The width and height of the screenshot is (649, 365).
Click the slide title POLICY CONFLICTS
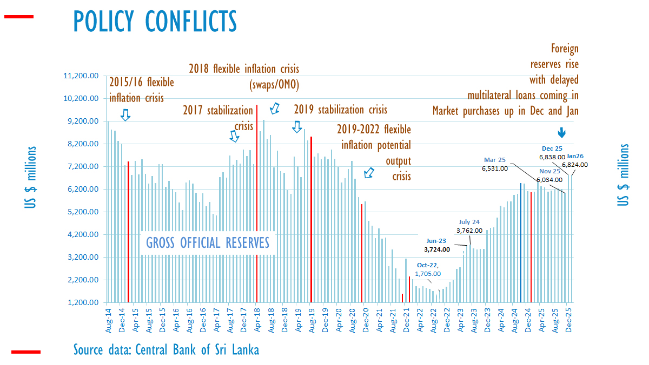(x=155, y=22)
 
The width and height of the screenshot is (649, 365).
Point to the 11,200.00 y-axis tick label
(x=81, y=76)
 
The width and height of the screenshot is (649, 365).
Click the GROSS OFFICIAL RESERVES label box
(x=208, y=243)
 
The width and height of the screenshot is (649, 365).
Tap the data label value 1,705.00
(x=431, y=274)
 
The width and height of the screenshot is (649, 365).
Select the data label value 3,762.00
(x=469, y=231)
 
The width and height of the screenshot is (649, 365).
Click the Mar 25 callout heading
(x=495, y=160)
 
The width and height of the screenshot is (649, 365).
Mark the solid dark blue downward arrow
(x=562, y=132)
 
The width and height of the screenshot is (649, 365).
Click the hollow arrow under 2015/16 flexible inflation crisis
(x=125, y=114)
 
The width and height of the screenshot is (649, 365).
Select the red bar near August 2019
(x=311, y=216)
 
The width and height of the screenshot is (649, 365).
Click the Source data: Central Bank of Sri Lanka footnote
(x=166, y=350)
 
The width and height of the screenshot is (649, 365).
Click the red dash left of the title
(x=19, y=17)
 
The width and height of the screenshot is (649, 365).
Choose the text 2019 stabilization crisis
(x=340, y=110)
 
